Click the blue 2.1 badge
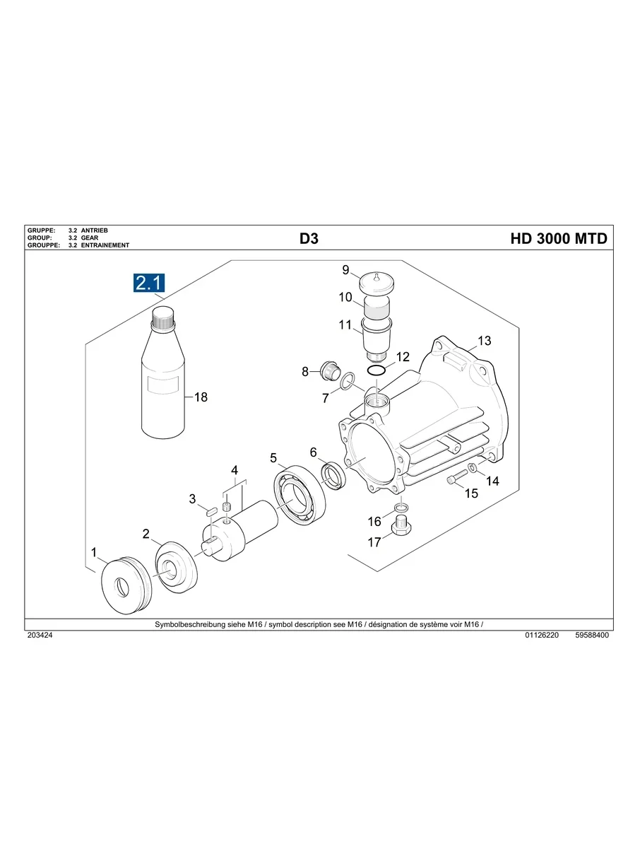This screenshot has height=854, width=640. [149, 283]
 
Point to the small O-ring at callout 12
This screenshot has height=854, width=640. [377, 370]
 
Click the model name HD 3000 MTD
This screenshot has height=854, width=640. [558, 239]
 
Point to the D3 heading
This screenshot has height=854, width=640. [309, 239]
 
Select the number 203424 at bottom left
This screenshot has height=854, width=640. [40, 636]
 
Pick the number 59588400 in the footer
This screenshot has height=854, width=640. [592, 636]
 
